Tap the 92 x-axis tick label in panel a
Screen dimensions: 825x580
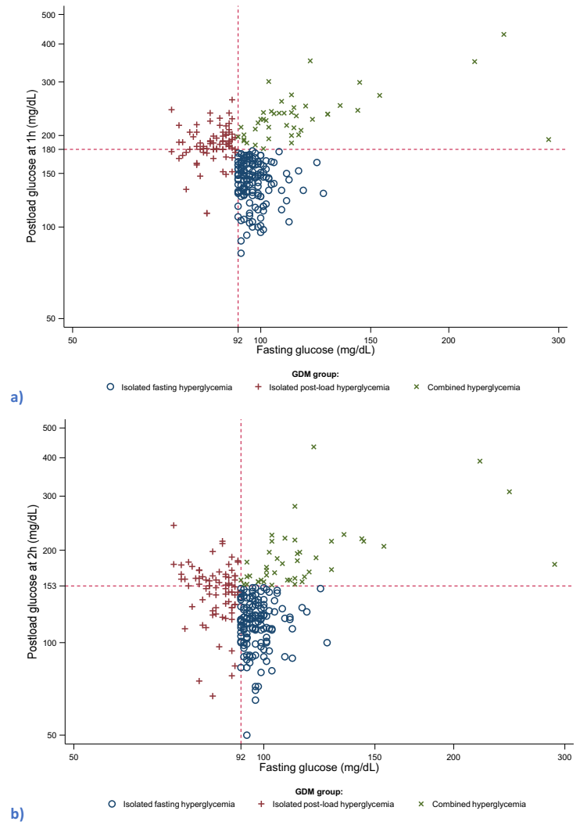(238, 342)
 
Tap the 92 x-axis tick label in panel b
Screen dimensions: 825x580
(241, 758)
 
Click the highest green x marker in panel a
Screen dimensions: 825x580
(504, 34)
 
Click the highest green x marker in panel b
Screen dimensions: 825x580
(313, 447)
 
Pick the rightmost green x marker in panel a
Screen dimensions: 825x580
(548, 139)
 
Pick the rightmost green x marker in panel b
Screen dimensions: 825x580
(554, 564)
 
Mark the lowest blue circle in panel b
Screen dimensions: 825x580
(247, 735)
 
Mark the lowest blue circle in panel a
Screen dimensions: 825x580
(241, 253)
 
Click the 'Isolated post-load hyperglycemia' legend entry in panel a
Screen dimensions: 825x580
(320, 387)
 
